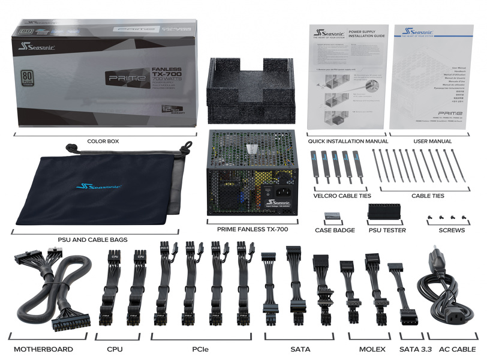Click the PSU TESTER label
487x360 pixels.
(x=387, y=230)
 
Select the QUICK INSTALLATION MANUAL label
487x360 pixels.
(x=348, y=142)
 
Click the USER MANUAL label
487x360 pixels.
(x=432, y=142)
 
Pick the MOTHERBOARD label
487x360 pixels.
(x=43, y=349)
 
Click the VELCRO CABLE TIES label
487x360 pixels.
(x=342, y=196)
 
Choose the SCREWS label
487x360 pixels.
(x=452, y=230)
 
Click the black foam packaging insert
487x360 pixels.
(x=252, y=90)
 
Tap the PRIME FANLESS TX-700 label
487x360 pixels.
(x=252, y=230)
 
